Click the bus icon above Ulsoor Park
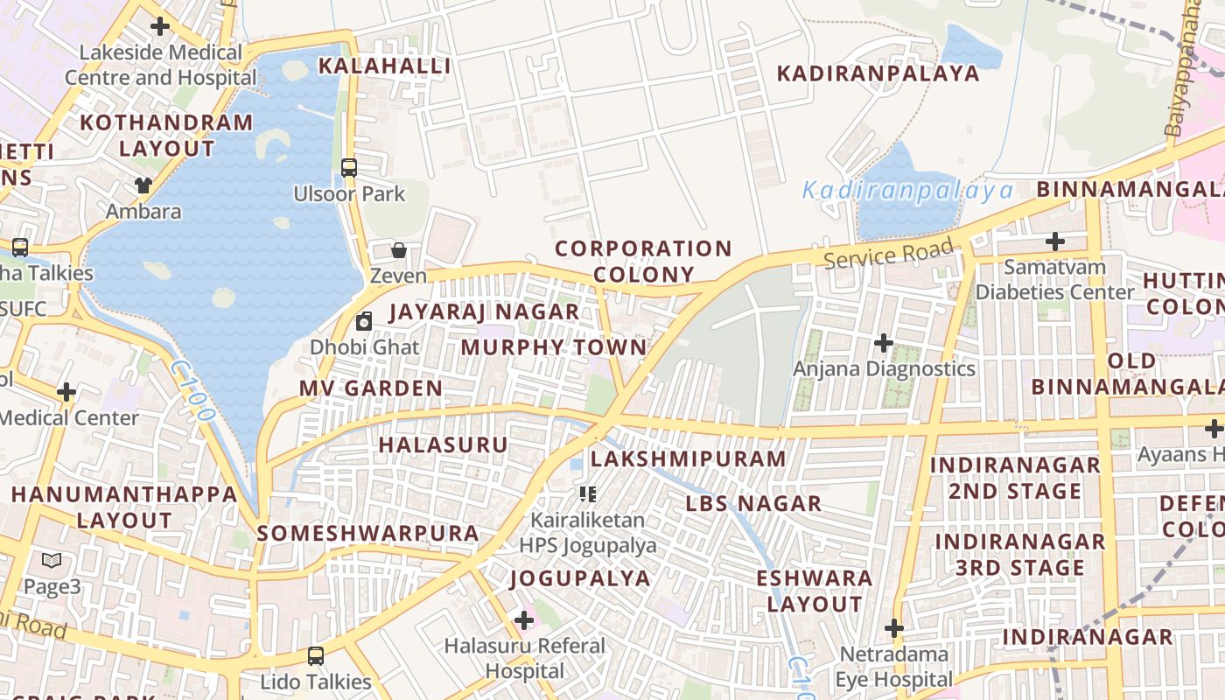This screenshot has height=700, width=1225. tap(349, 167)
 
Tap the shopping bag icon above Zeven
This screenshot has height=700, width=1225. tap(399, 250)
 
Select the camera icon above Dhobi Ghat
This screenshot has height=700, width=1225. tap(364, 321)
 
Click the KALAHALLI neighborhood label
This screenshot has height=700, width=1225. tap(384, 66)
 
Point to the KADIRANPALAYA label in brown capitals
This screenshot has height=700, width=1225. tap(878, 73)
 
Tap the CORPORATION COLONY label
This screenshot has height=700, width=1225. tap(643, 262)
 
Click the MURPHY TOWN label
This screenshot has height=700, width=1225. tap(553, 347)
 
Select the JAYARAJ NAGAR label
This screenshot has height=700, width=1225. tap(484, 312)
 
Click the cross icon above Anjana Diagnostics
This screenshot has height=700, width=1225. tap(884, 342)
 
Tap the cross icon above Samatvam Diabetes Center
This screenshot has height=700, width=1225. tap(1055, 241)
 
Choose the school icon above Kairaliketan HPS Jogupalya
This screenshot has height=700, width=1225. tap(588, 494)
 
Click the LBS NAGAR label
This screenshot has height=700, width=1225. tap(753, 504)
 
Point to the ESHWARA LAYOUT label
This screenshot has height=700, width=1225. tap(815, 591)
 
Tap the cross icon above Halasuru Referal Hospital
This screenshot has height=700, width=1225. tap(524, 620)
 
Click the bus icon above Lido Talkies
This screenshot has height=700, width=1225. tap(316, 655)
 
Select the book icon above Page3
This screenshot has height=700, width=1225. tap(52, 560)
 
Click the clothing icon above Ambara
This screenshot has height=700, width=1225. tap(143, 185)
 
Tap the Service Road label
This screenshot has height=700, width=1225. tap(887, 255)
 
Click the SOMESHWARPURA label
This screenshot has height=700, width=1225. tap(368, 533)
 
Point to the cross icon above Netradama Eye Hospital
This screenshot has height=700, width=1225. tap(893, 628)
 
